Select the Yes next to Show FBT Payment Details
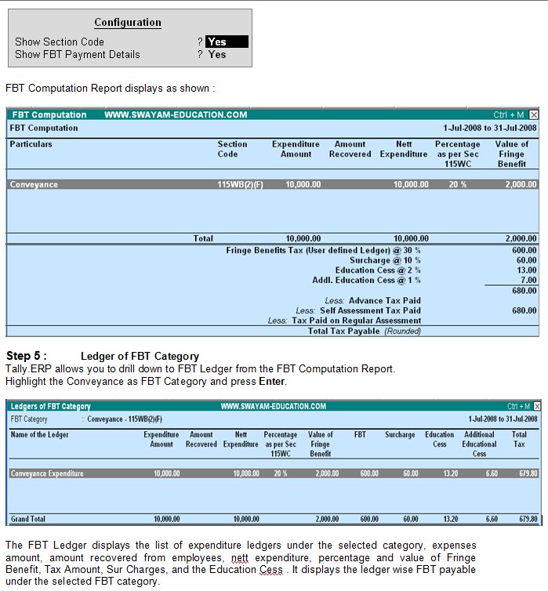pos(217,55)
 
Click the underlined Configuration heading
pos(128,23)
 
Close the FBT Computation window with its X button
pos(534,115)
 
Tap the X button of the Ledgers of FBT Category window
pos(534,407)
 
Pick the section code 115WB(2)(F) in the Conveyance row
pos(234,185)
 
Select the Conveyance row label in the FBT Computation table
pos(34,185)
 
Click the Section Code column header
pos(232,149)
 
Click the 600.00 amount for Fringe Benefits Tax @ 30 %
pos(524,250)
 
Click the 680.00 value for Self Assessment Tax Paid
pos(524,310)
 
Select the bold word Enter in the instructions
pos(273,382)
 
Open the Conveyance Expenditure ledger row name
pos(47,473)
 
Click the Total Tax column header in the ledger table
pos(519,439)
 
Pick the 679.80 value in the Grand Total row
pos(525,519)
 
